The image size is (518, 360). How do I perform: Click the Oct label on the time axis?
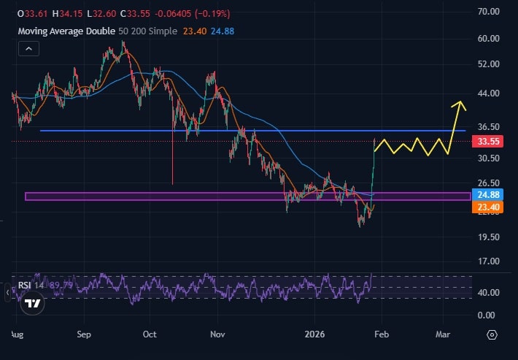[150, 334]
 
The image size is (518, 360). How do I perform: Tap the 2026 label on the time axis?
[315, 334]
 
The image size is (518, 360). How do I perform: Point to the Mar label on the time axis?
[443, 334]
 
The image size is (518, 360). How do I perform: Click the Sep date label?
[84, 334]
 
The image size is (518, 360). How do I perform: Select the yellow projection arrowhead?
[459, 104]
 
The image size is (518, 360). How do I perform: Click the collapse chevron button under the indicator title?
[28, 49]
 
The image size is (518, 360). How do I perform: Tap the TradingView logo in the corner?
[32, 302]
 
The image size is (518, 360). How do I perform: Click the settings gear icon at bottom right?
[492, 334]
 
